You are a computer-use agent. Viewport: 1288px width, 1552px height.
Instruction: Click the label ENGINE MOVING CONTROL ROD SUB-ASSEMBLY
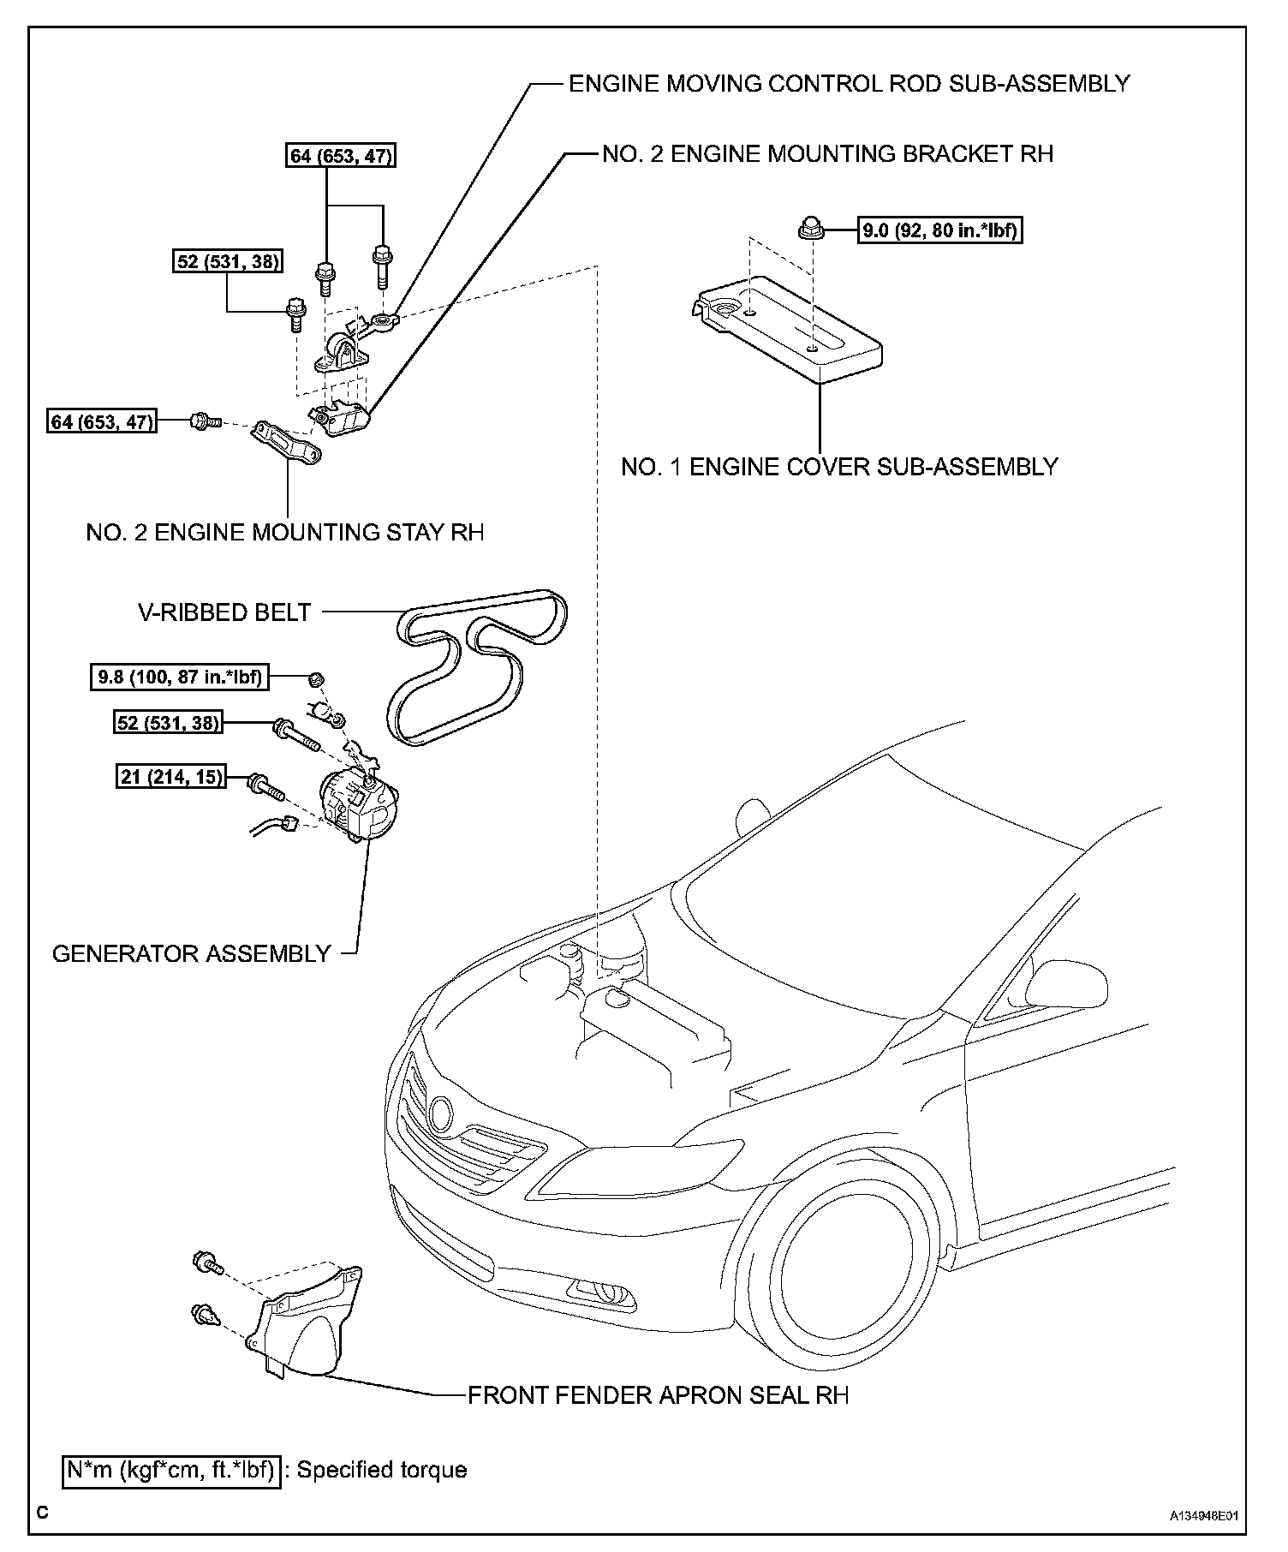(x=849, y=84)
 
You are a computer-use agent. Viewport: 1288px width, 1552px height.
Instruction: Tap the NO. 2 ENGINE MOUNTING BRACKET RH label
(x=827, y=154)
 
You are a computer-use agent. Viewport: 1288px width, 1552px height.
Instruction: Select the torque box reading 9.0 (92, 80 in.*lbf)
(x=941, y=230)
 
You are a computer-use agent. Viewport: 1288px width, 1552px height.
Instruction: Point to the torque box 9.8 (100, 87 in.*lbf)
(x=178, y=677)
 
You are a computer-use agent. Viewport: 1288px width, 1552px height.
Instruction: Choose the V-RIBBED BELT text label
(x=224, y=612)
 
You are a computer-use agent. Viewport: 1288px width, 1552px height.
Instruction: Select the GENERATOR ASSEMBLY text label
(x=192, y=953)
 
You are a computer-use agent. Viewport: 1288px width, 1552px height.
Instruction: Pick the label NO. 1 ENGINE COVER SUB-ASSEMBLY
(x=839, y=467)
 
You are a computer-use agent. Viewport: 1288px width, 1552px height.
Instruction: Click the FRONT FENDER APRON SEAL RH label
(x=658, y=1395)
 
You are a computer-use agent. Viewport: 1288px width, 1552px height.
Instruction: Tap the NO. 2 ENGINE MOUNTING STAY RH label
(x=285, y=532)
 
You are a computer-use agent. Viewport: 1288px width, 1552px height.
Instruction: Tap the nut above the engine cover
(x=808, y=229)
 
